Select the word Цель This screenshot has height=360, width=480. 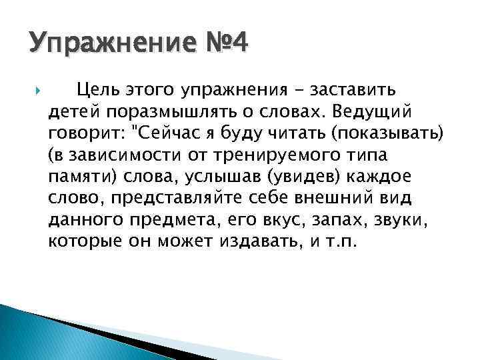tap(96, 88)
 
